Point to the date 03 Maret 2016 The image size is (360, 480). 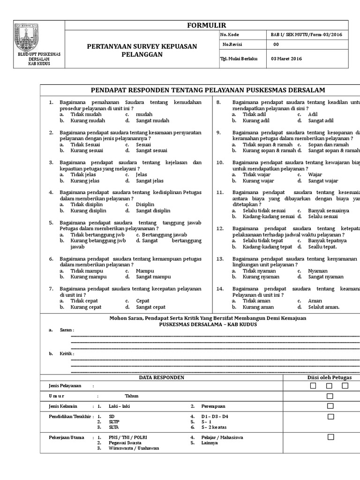286,59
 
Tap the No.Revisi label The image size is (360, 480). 230,45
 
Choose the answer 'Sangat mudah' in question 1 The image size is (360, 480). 152,120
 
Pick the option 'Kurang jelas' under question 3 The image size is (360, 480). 85,180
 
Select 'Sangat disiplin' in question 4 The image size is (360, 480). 153,210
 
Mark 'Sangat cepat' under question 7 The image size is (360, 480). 150,307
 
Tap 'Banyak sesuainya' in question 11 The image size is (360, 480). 329,210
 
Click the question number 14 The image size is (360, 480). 220,289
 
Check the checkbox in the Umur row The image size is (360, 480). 330,396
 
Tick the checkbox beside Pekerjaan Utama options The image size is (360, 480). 330,437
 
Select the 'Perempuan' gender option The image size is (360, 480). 213,406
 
